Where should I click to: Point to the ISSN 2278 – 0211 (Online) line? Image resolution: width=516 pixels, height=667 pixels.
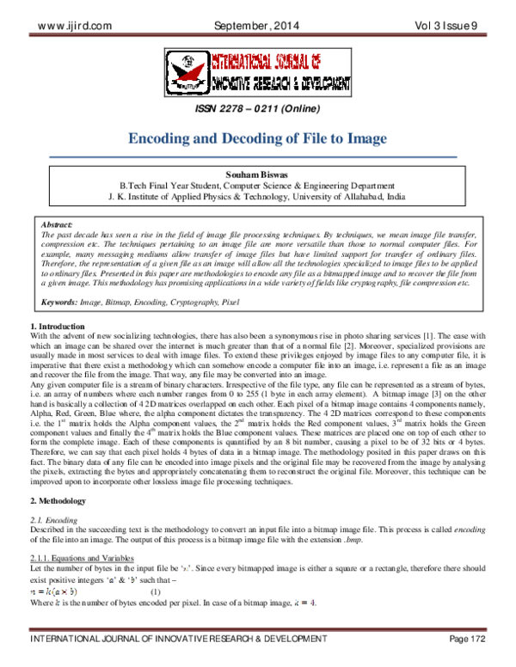tap(257, 109)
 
